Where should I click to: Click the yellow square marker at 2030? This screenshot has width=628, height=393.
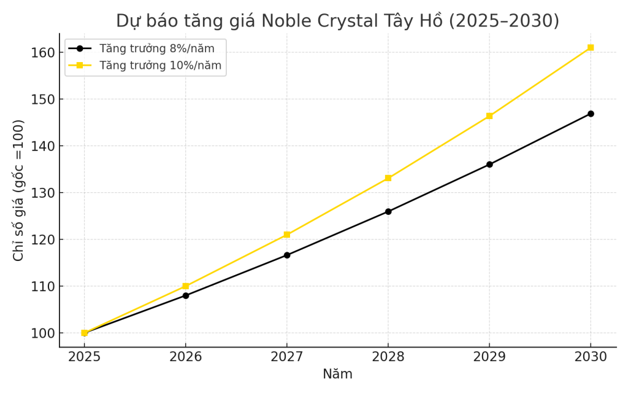click(591, 47)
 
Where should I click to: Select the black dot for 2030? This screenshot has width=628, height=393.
click(591, 114)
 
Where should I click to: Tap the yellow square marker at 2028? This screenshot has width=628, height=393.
click(388, 178)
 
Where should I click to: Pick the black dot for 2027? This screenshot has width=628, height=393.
click(287, 255)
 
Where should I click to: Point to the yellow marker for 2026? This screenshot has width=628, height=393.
click(186, 286)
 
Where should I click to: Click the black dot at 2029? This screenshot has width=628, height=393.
click(489, 165)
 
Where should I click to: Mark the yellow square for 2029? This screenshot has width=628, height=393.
click(489, 115)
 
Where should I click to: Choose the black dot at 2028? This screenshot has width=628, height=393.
click(388, 211)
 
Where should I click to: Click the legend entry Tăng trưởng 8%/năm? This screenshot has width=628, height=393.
click(157, 49)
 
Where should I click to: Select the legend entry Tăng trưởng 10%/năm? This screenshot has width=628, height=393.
click(160, 65)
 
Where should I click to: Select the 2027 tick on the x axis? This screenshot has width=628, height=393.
click(287, 357)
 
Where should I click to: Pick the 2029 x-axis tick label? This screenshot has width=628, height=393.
click(489, 357)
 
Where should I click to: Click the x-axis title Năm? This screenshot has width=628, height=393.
click(337, 374)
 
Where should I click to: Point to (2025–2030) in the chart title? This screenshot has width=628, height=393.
click(504, 21)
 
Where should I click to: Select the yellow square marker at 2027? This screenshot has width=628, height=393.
click(287, 235)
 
